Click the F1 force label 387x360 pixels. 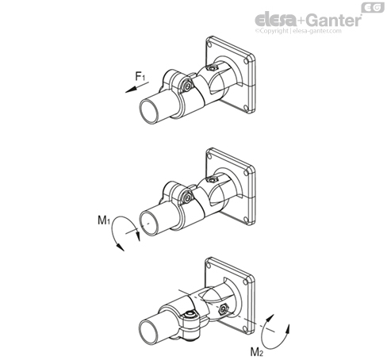pos(140,77)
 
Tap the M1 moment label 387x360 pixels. pos(104,220)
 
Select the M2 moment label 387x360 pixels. pos(257,352)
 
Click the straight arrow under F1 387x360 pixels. pos(137,87)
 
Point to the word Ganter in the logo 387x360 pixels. pos(335,20)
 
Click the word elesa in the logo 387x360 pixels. pos(275,20)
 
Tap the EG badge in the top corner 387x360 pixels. pos(373,7)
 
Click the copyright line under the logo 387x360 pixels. pos(298,31)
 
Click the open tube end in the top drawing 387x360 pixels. pos(150,111)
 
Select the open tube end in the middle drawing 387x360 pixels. pos(149,223)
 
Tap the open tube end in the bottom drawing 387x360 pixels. pos(149,331)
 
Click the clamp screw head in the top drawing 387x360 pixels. pos(187,86)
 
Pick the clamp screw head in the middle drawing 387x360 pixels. pos(187,197)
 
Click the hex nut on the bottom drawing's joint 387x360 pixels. pos(224,309)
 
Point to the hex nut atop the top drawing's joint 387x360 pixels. pos(212,68)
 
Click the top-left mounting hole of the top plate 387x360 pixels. pos(209,44)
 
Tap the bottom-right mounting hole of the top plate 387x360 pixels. pos(246,108)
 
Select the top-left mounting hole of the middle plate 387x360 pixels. pos(209,156)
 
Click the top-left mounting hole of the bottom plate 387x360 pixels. pos(209,265)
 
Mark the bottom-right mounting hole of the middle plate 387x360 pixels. pos(246,220)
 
